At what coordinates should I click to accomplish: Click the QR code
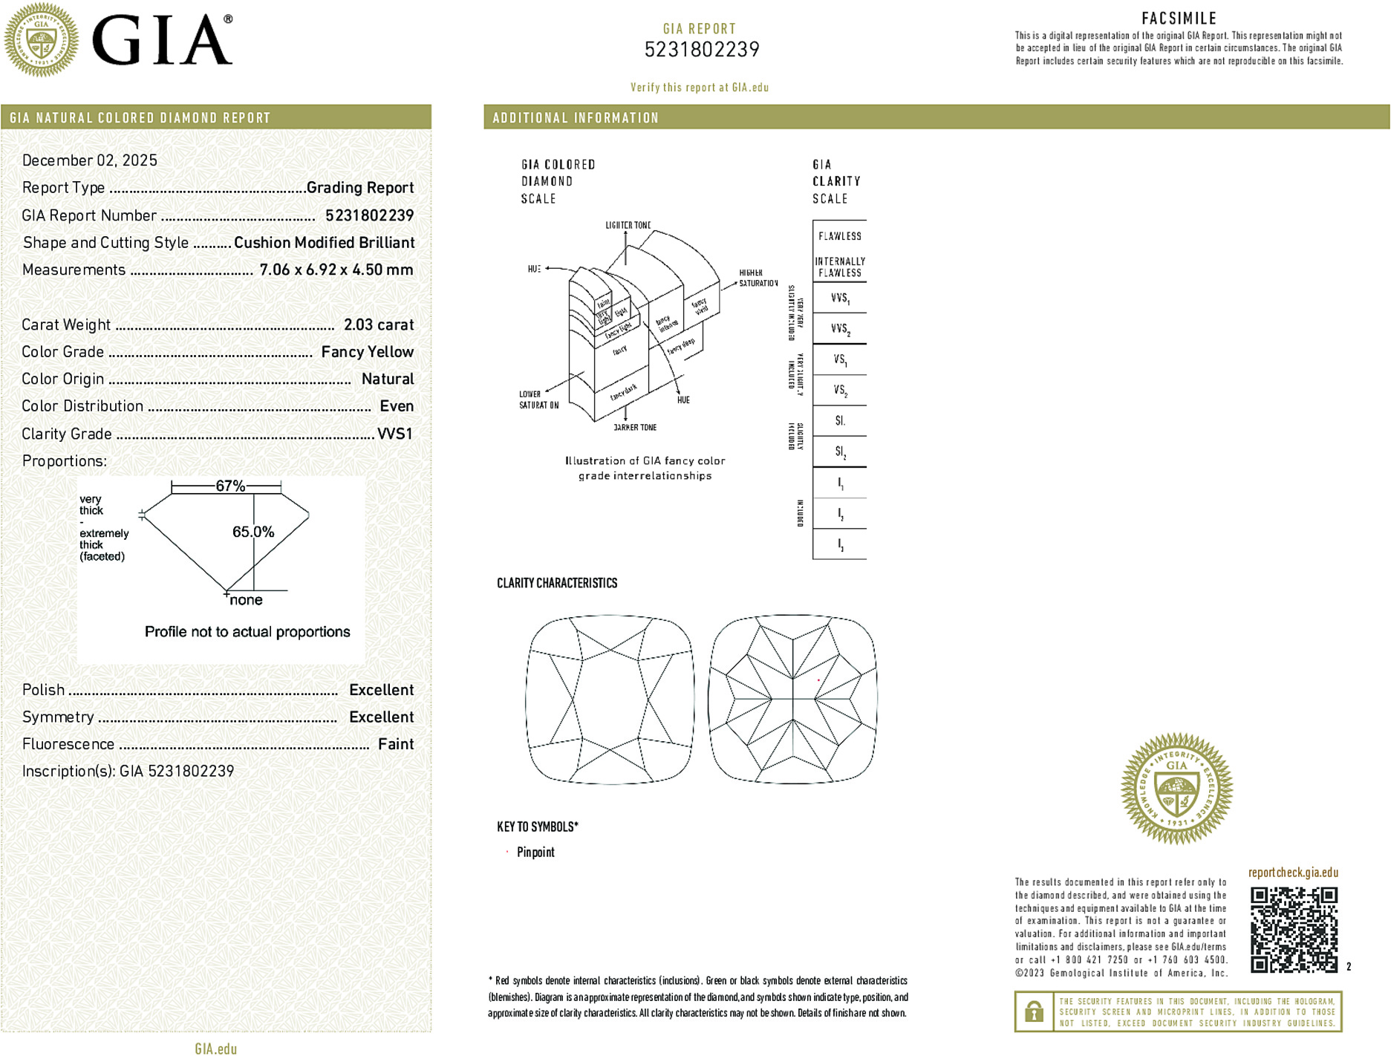pyautogui.click(x=1294, y=929)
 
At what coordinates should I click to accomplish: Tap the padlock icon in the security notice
pyautogui.click(x=1033, y=1011)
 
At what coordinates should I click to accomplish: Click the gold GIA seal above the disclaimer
pyautogui.click(x=1176, y=789)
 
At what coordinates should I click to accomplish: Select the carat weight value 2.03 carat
pyautogui.click(x=378, y=325)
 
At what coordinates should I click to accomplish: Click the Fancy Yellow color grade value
pyautogui.click(x=367, y=352)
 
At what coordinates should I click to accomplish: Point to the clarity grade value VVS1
pyautogui.click(x=394, y=434)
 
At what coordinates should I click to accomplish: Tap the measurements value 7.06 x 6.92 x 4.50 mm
pyautogui.click(x=336, y=270)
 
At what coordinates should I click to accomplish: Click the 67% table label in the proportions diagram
pyautogui.click(x=230, y=486)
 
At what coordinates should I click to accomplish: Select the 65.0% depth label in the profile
pyautogui.click(x=253, y=532)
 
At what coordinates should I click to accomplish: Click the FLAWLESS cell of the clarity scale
pyautogui.click(x=839, y=236)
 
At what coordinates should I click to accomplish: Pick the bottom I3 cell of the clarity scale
pyautogui.click(x=840, y=544)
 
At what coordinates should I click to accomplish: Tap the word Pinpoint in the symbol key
pyautogui.click(x=535, y=852)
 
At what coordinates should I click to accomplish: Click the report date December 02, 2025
pyautogui.click(x=90, y=160)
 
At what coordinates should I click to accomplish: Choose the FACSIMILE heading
pyautogui.click(x=1179, y=19)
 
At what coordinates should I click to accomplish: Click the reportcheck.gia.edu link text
pyautogui.click(x=1293, y=873)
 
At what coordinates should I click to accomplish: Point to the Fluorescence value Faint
pyautogui.click(x=395, y=744)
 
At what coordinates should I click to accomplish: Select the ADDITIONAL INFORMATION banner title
pyautogui.click(x=576, y=118)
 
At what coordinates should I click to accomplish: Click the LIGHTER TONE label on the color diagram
pyautogui.click(x=628, y=225)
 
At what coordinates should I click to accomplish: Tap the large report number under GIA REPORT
pyautogui.click(x=701, y=50)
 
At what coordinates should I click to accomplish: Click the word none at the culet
pyautogui.click(x=246, y=600)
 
